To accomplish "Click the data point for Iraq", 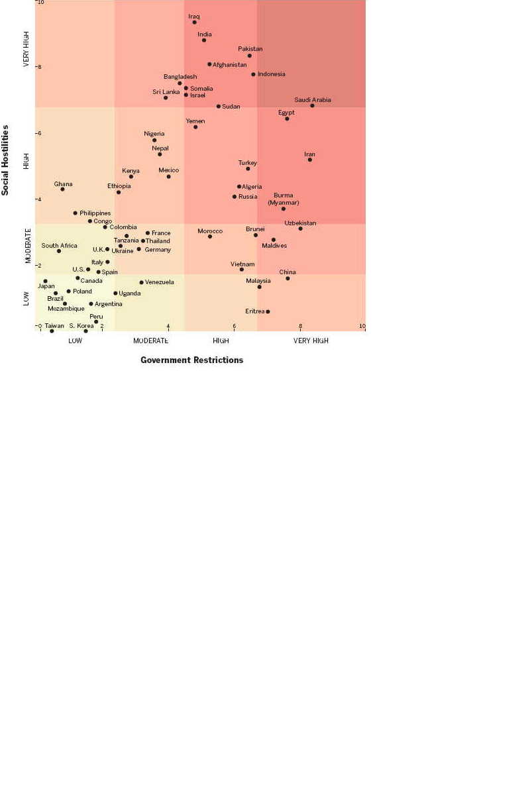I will [x=194, y=22].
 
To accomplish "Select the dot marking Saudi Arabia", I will [x=312, y=105].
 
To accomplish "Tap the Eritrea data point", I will [x=268, y=311].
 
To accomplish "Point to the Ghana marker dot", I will [x=62, y=189].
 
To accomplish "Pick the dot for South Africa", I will [x=59, y=251].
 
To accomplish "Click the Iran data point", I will [x=309, y=160].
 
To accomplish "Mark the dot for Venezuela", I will [x=141, y=282].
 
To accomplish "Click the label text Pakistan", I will [x=250, y=48].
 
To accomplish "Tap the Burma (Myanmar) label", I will [x=284, y=199].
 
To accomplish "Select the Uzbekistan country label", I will [x=300, y=223].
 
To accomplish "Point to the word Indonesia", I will [x=272, y=74].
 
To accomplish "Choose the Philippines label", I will [x=95, y=213].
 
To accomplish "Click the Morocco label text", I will [x=210, y=231].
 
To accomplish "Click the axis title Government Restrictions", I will [x=191, y=360].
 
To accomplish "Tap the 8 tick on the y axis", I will [x=40, y=67].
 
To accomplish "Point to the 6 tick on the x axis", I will [x=234, y=326].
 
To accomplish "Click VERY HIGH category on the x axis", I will [x=311, y=341].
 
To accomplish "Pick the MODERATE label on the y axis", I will [x=28, y=246].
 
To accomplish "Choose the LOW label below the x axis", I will [x=75, y=341].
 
